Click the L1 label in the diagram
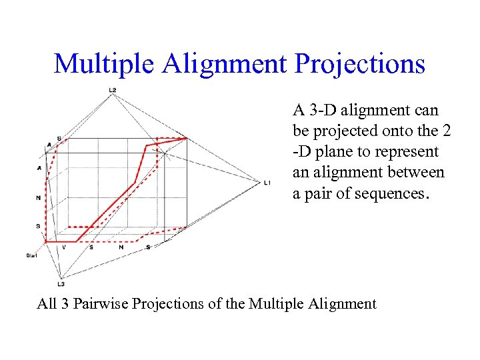267,182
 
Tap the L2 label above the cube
113,90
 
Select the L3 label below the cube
61,284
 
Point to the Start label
31,255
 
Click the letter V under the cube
64,247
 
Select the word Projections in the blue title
360,64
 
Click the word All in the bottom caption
47,304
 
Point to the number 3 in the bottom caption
64,304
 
